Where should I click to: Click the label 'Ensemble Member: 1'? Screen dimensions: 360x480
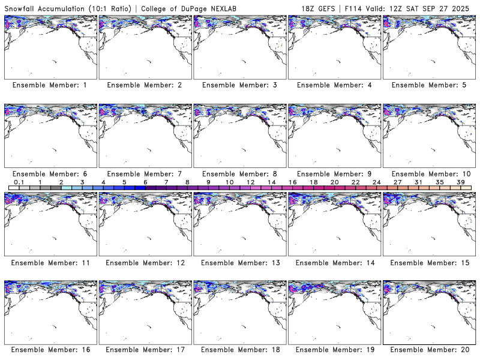coord(50,85)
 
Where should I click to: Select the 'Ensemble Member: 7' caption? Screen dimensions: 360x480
coord(144,174)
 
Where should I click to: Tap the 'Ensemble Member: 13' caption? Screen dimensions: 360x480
coord(239,263)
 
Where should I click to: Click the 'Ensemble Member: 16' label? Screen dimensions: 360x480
coord(50,349)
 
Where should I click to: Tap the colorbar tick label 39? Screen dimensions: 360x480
coord(460,182)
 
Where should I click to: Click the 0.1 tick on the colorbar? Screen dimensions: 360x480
coord(19,182)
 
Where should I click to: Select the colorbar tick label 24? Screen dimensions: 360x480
coord(376,182)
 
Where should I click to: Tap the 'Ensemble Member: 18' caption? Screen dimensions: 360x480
coord(239,349)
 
